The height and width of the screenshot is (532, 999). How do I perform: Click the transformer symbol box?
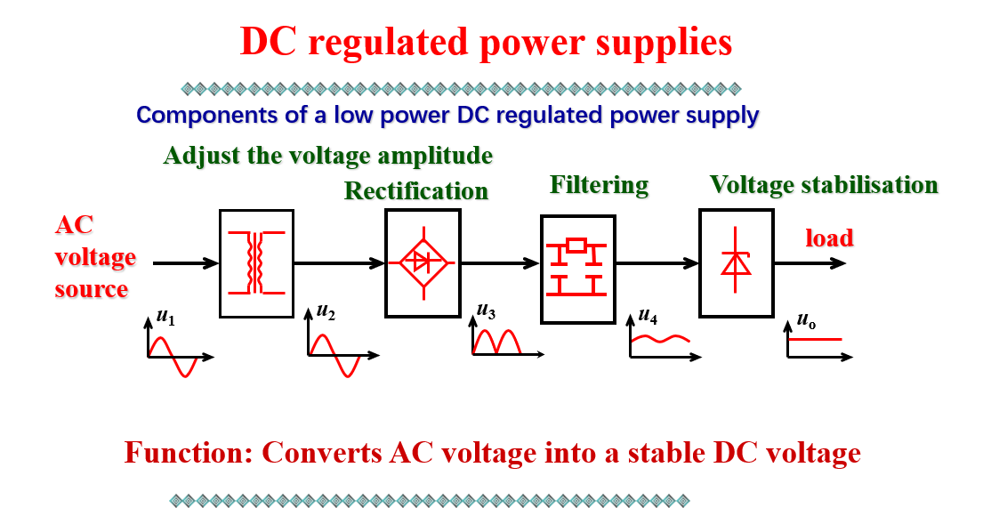256,263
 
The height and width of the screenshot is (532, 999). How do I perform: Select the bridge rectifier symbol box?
423,263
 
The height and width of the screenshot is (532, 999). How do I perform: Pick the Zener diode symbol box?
736,263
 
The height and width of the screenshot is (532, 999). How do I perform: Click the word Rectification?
416,191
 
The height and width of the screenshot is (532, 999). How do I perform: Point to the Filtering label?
599,185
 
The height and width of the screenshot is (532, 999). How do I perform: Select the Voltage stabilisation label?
823,185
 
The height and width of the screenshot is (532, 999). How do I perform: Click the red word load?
829,238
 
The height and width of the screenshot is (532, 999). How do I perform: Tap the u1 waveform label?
165,315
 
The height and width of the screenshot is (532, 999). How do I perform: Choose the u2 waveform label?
325,312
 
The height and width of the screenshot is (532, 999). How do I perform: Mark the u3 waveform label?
486,310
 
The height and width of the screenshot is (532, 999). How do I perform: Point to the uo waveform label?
805,318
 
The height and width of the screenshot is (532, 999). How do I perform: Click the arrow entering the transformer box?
186,263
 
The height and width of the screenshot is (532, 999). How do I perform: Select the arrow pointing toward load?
810,263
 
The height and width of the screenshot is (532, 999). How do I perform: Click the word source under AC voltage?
91,289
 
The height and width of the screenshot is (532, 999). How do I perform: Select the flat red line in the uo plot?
814,339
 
